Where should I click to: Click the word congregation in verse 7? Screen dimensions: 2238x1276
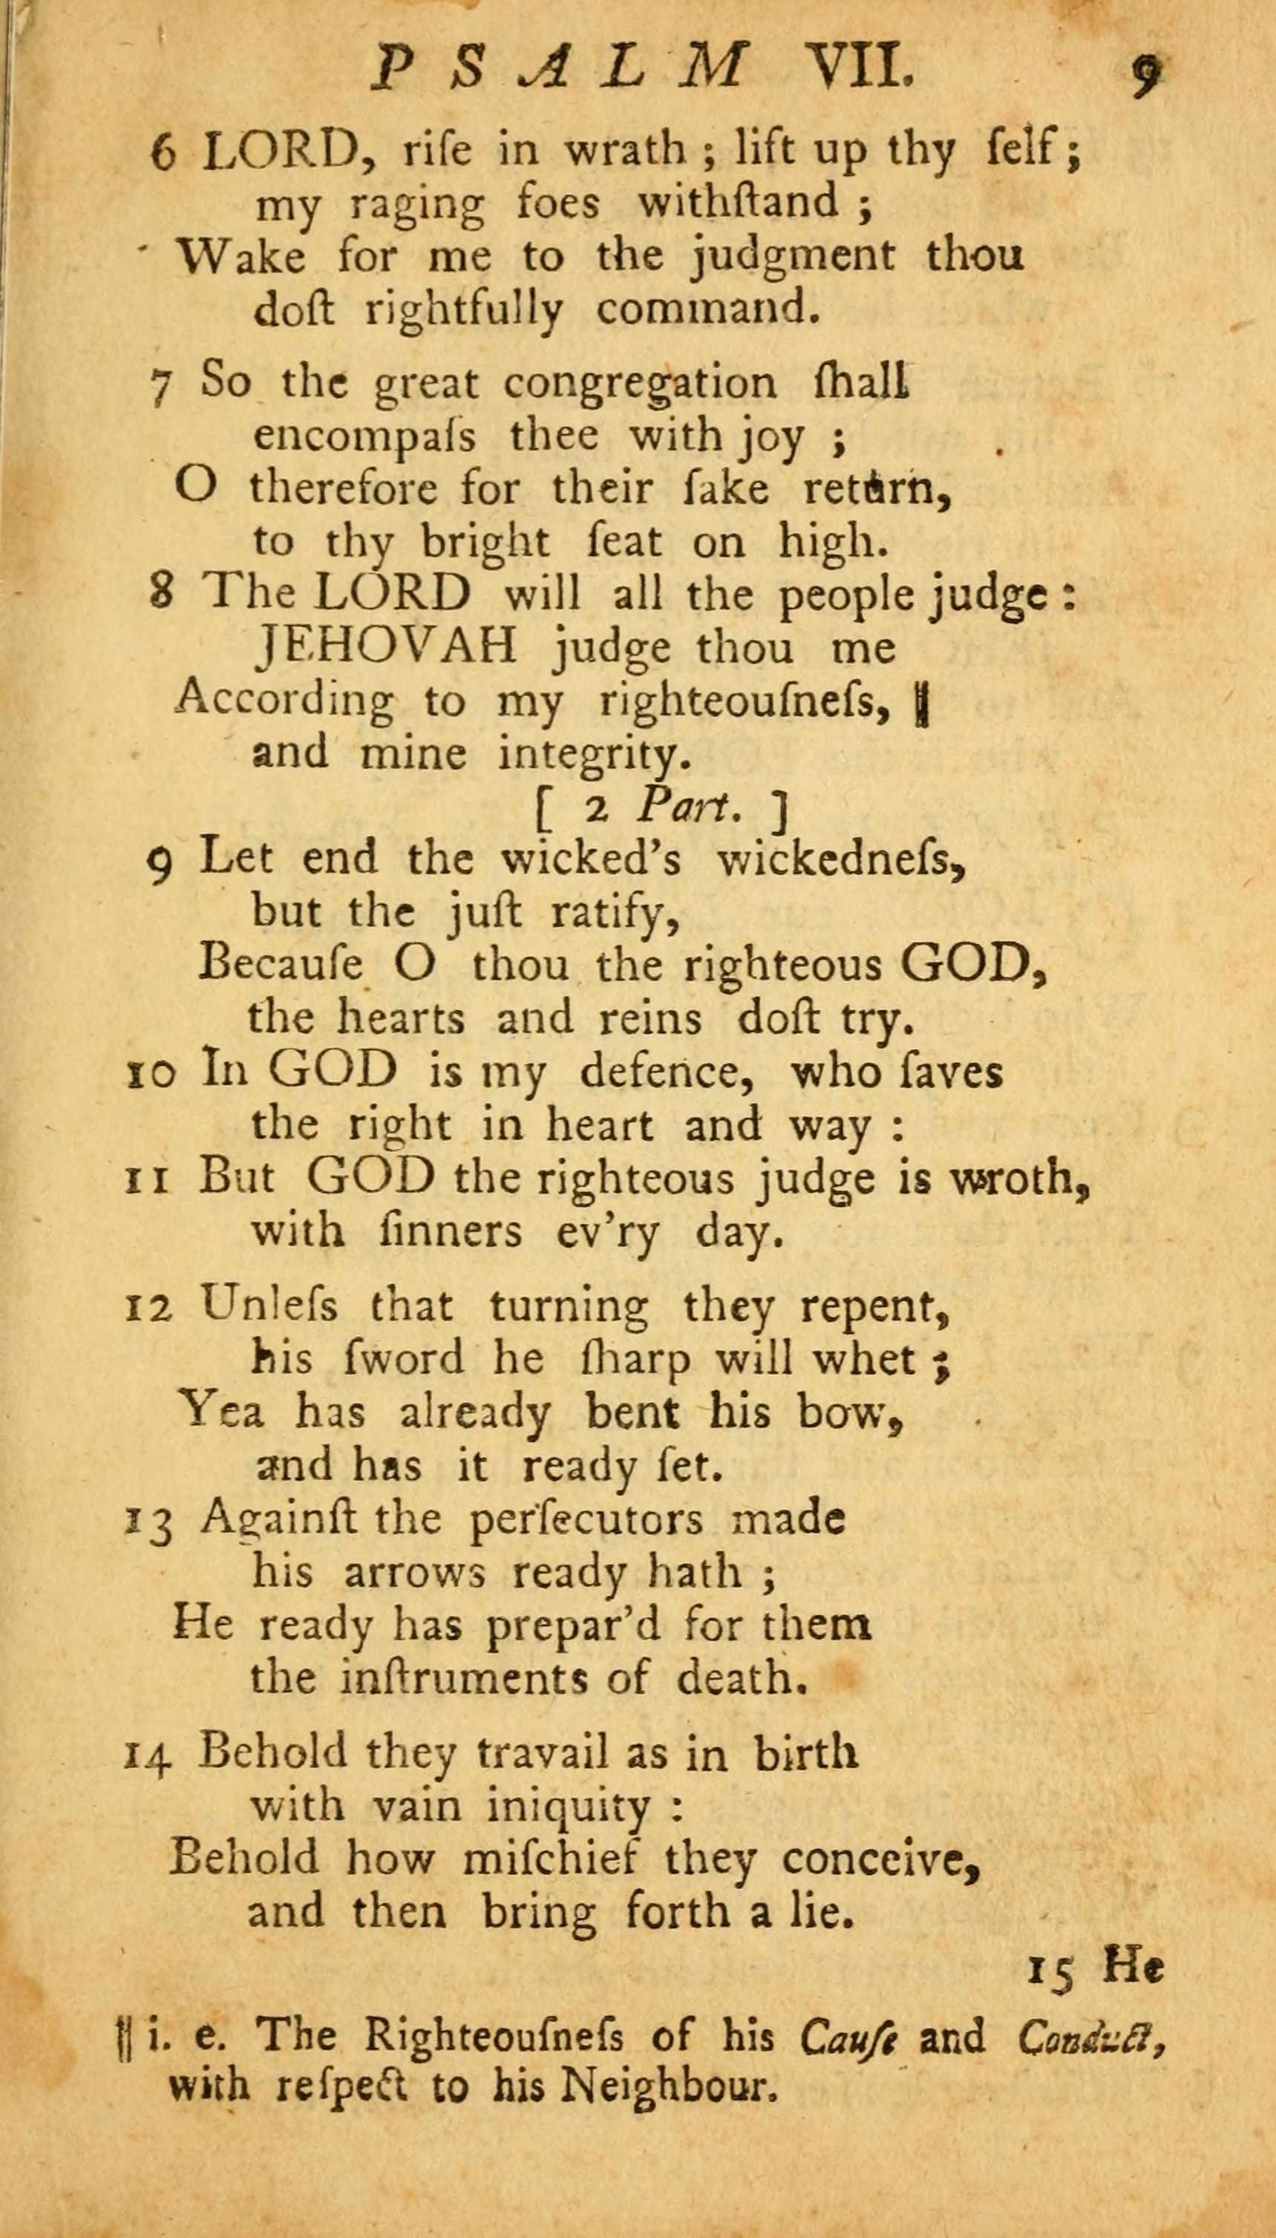coord(640,385)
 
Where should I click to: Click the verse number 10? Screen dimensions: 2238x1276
coord(151,1073)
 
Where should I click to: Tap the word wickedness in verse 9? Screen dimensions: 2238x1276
coord(841,860)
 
